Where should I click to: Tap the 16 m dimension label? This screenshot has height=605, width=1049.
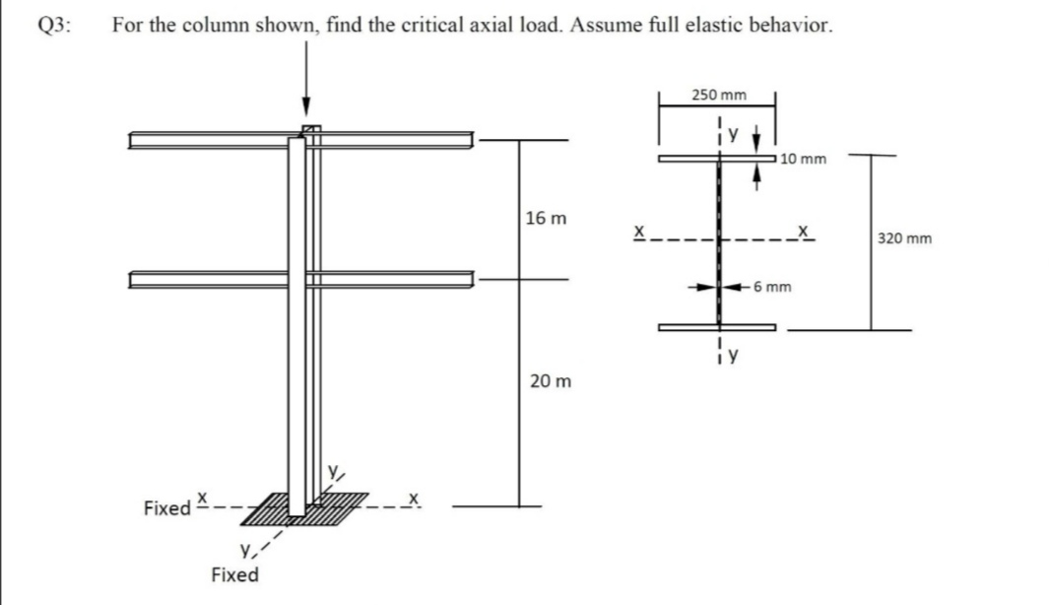point(545,217)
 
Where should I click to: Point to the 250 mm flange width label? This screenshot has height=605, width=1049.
point(718,96)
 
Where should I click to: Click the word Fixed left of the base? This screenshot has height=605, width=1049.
point(166,508)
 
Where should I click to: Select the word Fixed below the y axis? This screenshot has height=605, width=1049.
point(235,574)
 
